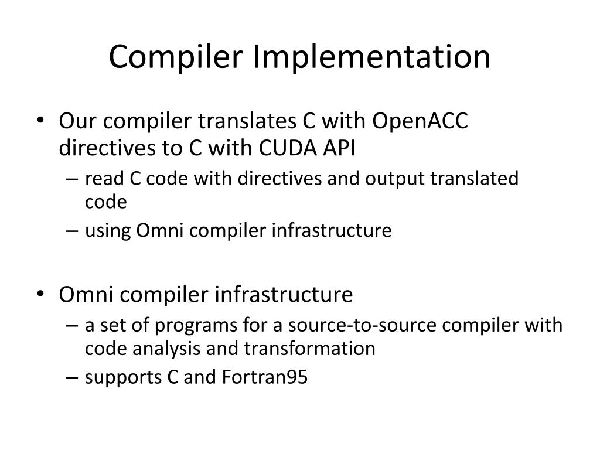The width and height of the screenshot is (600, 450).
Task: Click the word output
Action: (396, 178)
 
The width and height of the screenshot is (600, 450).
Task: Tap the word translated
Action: (475, 178)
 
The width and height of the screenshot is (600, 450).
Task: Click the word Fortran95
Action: (265, 378)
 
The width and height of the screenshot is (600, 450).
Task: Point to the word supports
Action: (123, 378)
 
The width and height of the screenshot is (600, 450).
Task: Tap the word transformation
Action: (309, 349)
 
